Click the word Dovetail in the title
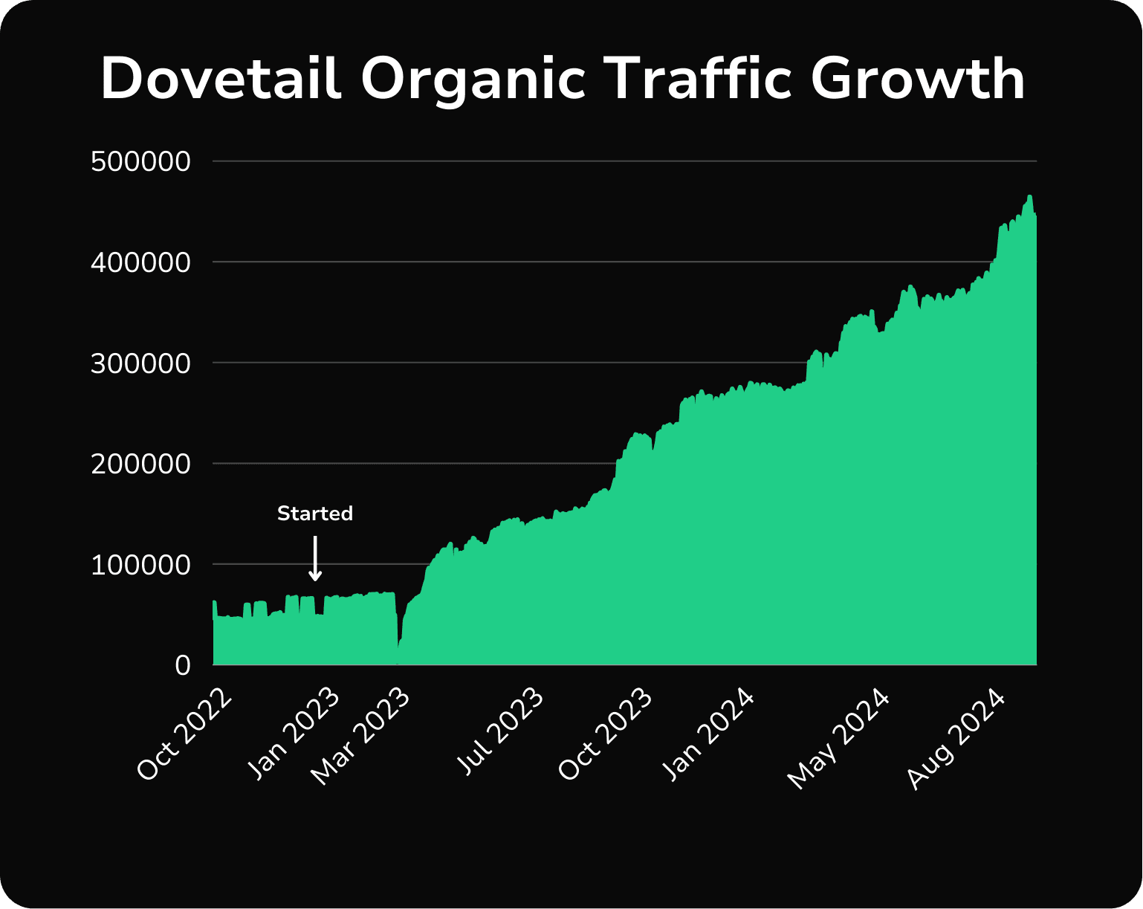tap(221, 78)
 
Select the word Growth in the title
tap(918, 78)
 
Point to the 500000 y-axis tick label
tap(140, 161)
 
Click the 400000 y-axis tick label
tap(140, 262)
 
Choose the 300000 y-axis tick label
tap(140, 363)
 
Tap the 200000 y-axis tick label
tap(140, 464)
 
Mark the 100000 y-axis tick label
tap(140, 565)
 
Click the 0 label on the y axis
tap(183, 665)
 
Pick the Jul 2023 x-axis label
tap(500, 732)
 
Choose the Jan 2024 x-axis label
tap(709, 734)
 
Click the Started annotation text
tap(315, 514)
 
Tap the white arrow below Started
tap(315, 559)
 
